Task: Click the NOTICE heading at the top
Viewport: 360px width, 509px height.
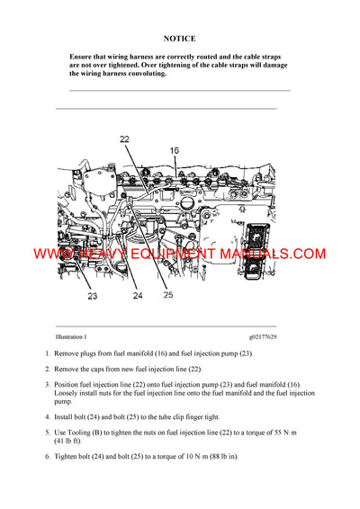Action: tap(179, 40)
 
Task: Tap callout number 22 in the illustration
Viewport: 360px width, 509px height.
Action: tap(124, 138)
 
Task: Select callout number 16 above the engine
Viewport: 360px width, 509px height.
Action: tap(174, 150)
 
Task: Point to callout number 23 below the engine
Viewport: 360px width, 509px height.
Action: tap(92, 294)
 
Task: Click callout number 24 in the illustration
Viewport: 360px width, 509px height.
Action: tap(137, 294)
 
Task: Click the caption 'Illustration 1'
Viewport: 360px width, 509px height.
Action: tap(71, 336)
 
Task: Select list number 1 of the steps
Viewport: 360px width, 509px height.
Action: tap(47, 354)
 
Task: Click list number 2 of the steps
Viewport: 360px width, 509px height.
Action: tap(47, 369)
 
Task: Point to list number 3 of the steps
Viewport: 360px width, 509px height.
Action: tap(47, 384)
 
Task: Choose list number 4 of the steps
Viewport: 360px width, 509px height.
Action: tap(47, 416)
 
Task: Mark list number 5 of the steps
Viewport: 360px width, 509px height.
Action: tap(47, 431)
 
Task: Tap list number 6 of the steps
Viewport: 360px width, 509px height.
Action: tap(47, 456)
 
